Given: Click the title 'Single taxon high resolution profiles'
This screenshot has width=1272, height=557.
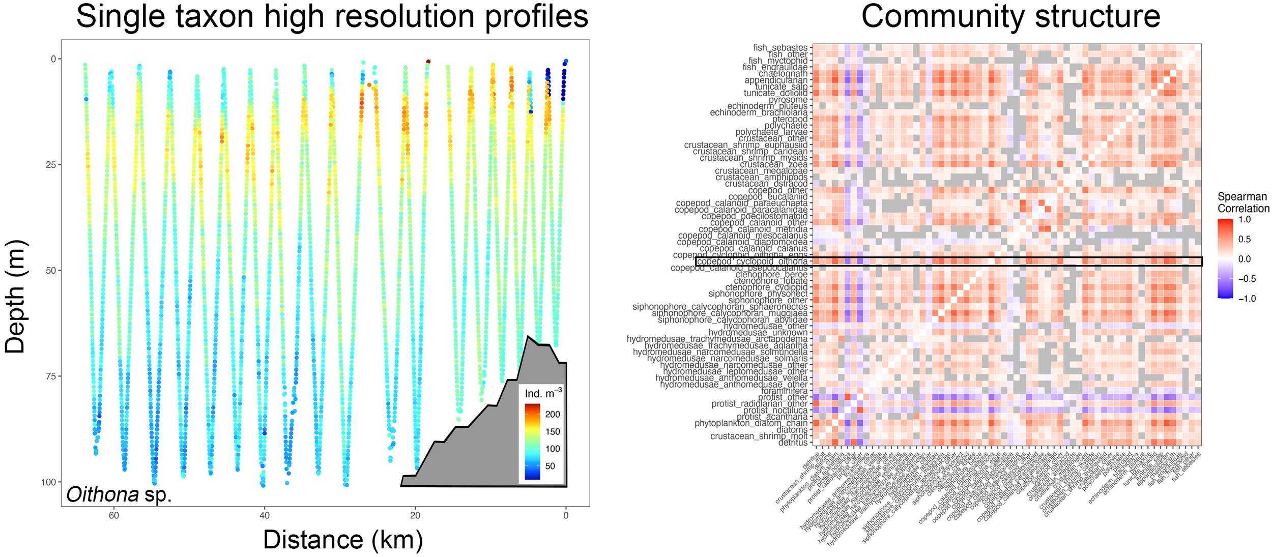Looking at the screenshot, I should click(332, 16).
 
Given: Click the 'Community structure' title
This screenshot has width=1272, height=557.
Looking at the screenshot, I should click(1010, 16).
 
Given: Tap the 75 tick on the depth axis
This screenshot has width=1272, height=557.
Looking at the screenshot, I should click(50, 376).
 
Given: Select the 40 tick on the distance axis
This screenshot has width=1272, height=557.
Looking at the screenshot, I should click(264, 515).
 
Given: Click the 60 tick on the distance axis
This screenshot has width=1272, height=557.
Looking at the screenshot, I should click(113, 515).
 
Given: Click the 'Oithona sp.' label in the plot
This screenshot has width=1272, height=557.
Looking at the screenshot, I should click(119, 494).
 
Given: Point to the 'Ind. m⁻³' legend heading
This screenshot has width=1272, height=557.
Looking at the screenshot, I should click(543, 393).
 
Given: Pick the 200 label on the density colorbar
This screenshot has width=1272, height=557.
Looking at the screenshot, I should click(553, 414).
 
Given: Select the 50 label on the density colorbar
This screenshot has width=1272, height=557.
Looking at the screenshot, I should click(550, 466).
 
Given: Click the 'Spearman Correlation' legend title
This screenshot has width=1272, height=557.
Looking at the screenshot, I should click(1242, 202).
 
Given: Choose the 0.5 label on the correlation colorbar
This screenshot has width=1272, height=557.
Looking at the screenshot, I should click(1245, 239).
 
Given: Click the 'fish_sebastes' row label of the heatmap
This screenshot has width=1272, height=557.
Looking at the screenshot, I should click(780, 47).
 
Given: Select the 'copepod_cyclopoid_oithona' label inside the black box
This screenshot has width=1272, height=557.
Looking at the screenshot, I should click(752, 261).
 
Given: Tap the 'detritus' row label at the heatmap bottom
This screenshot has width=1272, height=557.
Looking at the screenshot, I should click(793, 443).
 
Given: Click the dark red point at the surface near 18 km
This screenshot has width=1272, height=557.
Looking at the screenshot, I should click(428, 62).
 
